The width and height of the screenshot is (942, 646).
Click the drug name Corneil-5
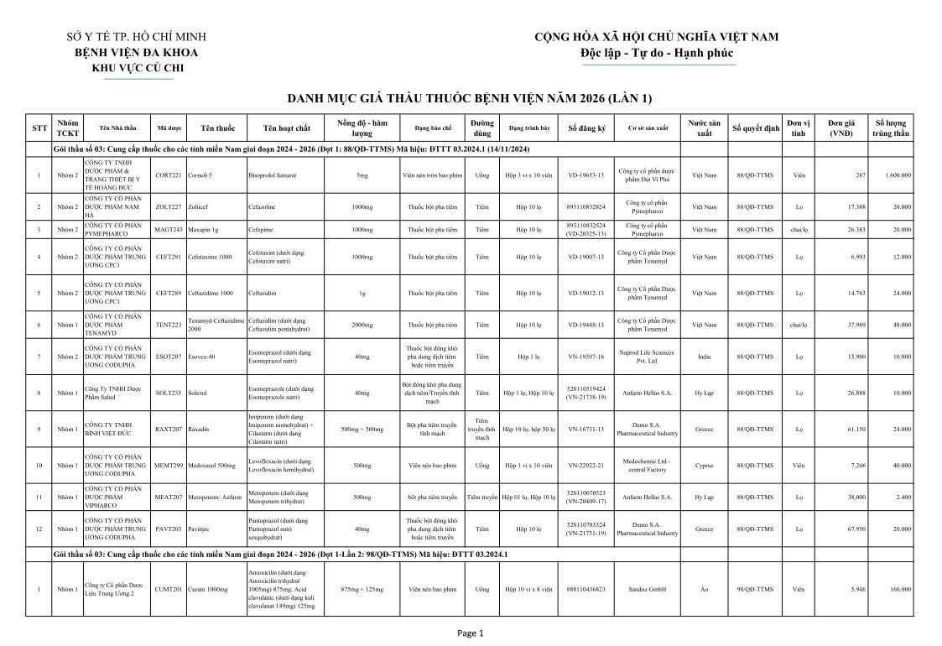tap(200, 175)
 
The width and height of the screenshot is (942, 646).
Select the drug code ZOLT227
tap(168, 206)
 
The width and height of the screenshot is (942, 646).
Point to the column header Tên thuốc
tap(218, 128)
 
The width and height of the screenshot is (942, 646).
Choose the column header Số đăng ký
tap(586, 128)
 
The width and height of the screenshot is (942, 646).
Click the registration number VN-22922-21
tap(585, 465)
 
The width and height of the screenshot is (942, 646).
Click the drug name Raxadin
tap(199, 429)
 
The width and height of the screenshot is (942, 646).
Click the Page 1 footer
tap(471, 633)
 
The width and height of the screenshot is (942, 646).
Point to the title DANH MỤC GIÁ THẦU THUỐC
tap(469, 98)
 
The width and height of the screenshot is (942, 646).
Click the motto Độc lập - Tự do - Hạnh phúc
tap(656, 53)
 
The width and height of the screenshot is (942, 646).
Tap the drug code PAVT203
tap(168, 529)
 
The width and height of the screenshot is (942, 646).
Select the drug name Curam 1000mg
tap(208, 589)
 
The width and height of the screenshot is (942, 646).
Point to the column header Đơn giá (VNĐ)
tap(841, 128)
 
